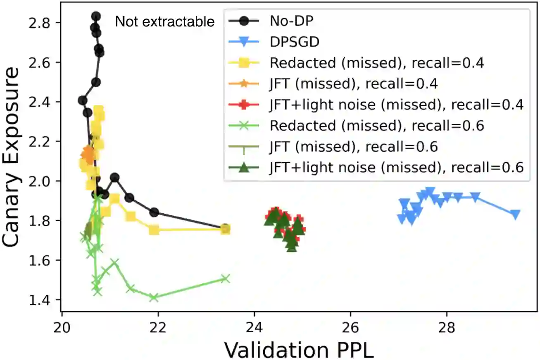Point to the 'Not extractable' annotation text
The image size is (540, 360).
click(x=165, y=21)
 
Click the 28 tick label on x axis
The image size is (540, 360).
click(x=447, y=326)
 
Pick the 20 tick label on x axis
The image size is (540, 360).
click(x=62, y=326)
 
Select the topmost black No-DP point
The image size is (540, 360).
click(x=96, y=16)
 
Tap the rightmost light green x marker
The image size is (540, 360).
click(x=225, y=279)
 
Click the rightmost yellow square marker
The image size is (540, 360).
click(x=226, y=229)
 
